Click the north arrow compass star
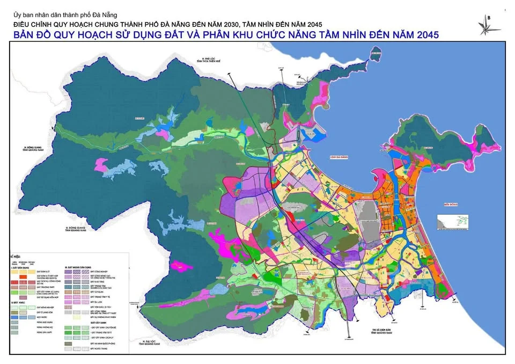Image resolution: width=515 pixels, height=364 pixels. pos(488,24)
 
